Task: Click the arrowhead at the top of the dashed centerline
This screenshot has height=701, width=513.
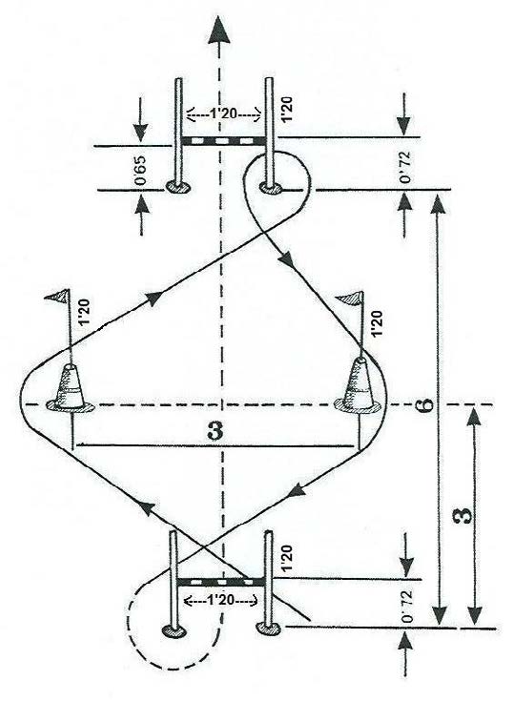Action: click(x=219, y=30)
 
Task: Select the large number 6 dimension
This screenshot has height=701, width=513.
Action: click(x=426, y=404)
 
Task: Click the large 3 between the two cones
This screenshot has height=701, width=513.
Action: click(x=215, y=431)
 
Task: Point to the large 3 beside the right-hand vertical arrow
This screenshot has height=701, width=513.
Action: click(x=465, y=515)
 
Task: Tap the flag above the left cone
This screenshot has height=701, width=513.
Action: click(x=57, y=295)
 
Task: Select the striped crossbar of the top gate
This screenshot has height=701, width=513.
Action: click(x=222, y=141)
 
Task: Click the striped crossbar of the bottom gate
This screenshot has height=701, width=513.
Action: click(x=221, y=582)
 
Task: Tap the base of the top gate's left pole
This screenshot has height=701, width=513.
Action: click(x=178, y=186)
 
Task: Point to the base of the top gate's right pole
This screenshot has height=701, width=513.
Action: click(x=271, y=188)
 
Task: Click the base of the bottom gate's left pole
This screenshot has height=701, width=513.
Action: click(x=174, y=630)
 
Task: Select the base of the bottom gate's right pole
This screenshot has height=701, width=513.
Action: click(x=268, y=629)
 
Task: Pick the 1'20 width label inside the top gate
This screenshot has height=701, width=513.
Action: click(x=223, y=114)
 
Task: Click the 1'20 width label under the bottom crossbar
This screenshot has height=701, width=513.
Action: click(x=220, y=601)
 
